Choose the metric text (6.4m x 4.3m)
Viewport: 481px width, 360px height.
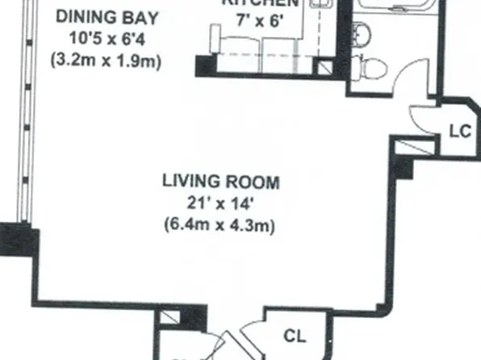[220, 226]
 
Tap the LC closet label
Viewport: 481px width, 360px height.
[459, 132]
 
